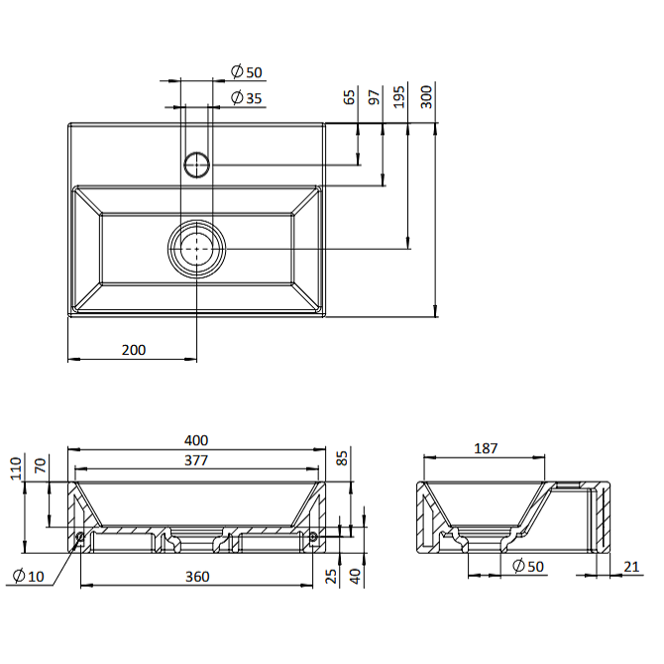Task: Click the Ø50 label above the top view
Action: click(247, 72)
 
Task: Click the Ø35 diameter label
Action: click(247, 98)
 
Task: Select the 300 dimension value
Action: click(426, 97)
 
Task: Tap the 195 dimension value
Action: click(399, 97)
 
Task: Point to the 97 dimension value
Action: click(374, 97)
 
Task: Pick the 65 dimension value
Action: click(349, 97)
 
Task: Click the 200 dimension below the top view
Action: click(134, 350)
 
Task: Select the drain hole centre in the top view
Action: click(197, 249)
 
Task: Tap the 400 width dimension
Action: click(196, 440)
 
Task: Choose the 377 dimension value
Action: click(196, 460)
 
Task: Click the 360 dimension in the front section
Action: click(197, 577)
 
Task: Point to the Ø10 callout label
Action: click(29, 576)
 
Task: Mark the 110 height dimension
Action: click(16, 469)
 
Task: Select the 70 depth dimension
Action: click(40, 466)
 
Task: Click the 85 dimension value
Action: click(341, 458)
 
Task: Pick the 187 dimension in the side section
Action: click(486, 448)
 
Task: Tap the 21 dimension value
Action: click(631, 567)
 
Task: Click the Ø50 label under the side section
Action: click(527, 566)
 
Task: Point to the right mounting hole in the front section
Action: click(313, 537)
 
